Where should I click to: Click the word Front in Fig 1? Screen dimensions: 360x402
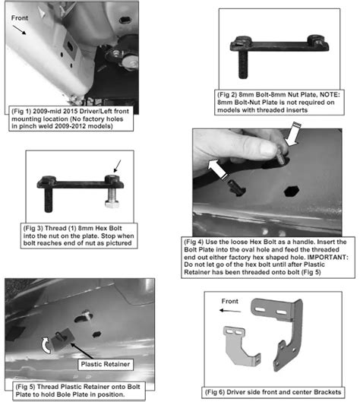tap(20, 18)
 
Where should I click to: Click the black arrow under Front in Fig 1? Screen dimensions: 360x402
tap(19, 30)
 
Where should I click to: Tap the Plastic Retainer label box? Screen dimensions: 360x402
tap(106, 364)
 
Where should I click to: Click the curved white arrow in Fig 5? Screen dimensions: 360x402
tap(46, 345)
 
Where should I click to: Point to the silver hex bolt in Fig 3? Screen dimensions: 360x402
tap(112, 198)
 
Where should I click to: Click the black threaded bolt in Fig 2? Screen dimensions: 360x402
tap(242, 65)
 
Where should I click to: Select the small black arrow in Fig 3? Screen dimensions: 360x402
tap(117, 166)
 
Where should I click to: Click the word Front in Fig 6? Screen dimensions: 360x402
tap(229, 301)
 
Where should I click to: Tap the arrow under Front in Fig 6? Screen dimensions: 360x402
tap(230, 311)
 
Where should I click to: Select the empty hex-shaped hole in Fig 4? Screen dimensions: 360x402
tap(292, 192)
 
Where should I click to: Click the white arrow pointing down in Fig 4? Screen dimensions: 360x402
tap(292, 134)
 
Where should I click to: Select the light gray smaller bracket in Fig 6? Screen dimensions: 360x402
tap(240, 345)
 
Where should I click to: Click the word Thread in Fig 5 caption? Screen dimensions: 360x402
tap(47, 387)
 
